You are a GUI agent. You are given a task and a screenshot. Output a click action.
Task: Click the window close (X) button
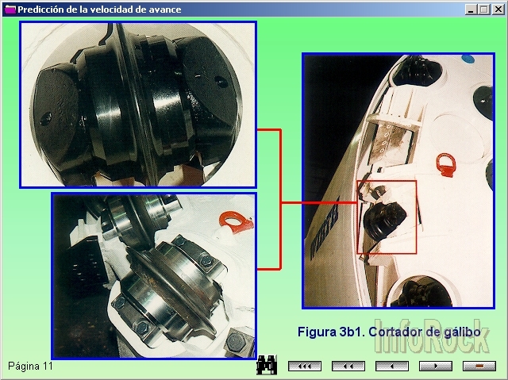498,10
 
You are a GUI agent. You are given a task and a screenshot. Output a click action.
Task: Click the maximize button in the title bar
484,10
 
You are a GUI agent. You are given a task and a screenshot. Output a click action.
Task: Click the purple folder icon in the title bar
10,10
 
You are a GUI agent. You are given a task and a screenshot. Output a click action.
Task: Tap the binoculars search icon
267,365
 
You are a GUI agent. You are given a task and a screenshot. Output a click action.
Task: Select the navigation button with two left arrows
348,366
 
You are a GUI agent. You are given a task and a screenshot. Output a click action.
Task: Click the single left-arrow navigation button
392,366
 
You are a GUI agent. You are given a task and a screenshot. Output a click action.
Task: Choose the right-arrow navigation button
436,366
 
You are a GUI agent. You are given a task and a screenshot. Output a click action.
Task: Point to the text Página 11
30,366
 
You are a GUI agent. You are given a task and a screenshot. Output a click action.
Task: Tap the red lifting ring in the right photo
446,165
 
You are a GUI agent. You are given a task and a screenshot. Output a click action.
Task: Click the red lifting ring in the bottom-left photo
236,222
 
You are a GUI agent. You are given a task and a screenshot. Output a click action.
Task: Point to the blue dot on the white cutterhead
468,59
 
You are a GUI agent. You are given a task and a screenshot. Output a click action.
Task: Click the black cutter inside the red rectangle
385,220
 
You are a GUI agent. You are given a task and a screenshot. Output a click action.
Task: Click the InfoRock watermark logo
432,336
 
